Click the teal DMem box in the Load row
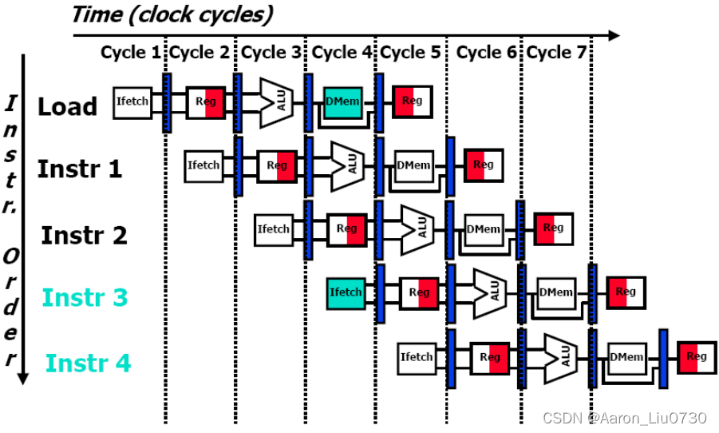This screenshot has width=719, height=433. (x=342, y=101)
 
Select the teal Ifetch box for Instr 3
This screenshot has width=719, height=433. (x=346, y=293)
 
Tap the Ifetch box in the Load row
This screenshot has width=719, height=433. (x=132, y=102)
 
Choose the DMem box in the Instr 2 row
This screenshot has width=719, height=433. (x=483, y=229)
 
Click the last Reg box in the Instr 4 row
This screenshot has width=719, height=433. (x=697, y=357)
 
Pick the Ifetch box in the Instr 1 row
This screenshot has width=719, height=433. (x=203, y=165)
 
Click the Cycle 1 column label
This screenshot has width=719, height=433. (x=130, y=53)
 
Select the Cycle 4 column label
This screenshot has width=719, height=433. (x=342, y=53)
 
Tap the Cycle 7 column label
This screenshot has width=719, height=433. (x=557, y=53)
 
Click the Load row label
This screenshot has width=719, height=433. (x=68, y=106)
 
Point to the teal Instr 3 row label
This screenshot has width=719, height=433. (x=85, y=297)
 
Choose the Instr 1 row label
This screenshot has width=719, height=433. (x=80, y=169)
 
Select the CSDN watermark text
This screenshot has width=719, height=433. (x=624, y=418)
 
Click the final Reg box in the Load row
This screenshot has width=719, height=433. (x=412, y=101)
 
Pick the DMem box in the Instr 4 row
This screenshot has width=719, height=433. (x=626, y=357)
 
